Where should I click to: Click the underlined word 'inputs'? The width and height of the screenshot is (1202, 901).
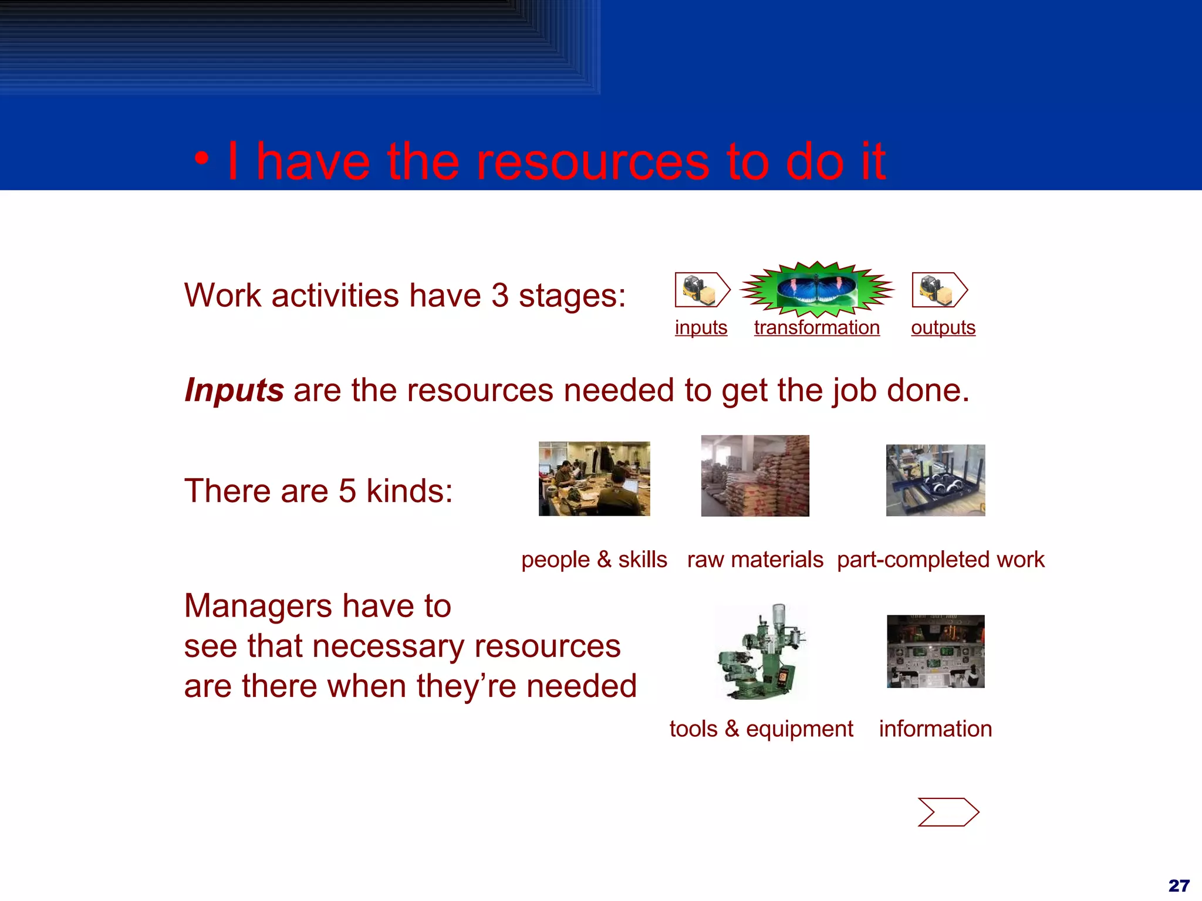(701, 327)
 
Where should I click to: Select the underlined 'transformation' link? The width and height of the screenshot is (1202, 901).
(816, 327)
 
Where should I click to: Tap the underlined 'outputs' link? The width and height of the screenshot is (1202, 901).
(943, 327)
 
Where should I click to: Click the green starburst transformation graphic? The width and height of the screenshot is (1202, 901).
(816, 289)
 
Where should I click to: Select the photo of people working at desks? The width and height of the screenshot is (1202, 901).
(594, 479)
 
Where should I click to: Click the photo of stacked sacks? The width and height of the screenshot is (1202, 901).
(755, 476)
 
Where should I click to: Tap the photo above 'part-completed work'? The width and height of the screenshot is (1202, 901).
(935, 480)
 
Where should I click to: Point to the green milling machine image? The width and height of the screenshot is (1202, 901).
(762, 652)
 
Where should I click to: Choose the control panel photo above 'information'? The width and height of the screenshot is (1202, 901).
(936, 651)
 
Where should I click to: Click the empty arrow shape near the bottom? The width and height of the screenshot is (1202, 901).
(948, 812)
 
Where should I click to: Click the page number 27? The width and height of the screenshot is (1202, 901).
(1179, 885)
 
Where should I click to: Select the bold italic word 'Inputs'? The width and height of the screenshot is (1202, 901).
(234, 390)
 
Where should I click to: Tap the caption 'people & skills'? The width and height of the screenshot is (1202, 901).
(594, 560)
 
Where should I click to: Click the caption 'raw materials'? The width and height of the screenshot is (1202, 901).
(755, 560)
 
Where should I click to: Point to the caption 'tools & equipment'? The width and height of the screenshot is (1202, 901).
(761, 729)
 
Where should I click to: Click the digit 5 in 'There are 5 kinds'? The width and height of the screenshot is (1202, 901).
(347, 491)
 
